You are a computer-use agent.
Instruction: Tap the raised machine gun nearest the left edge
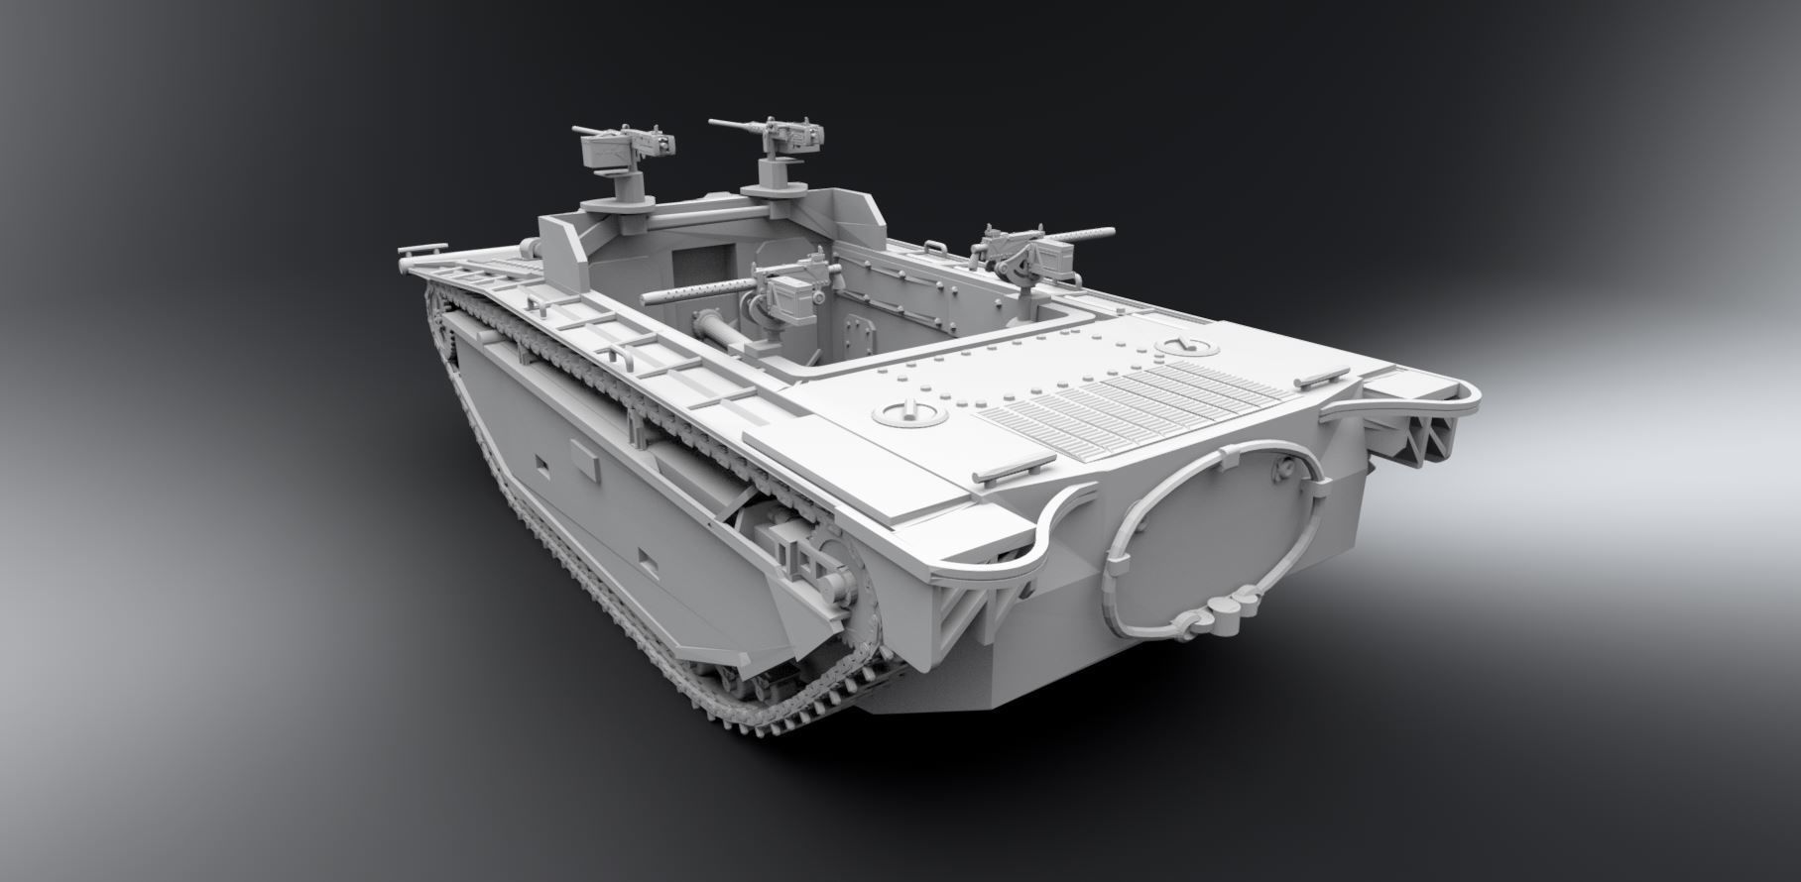pyautogui.click(x=620, y=148)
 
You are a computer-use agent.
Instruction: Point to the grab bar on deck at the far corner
pyautogui.click(x=1319, y=377)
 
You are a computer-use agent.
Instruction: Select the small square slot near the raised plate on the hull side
pyautogui.click(x=541, y=464)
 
